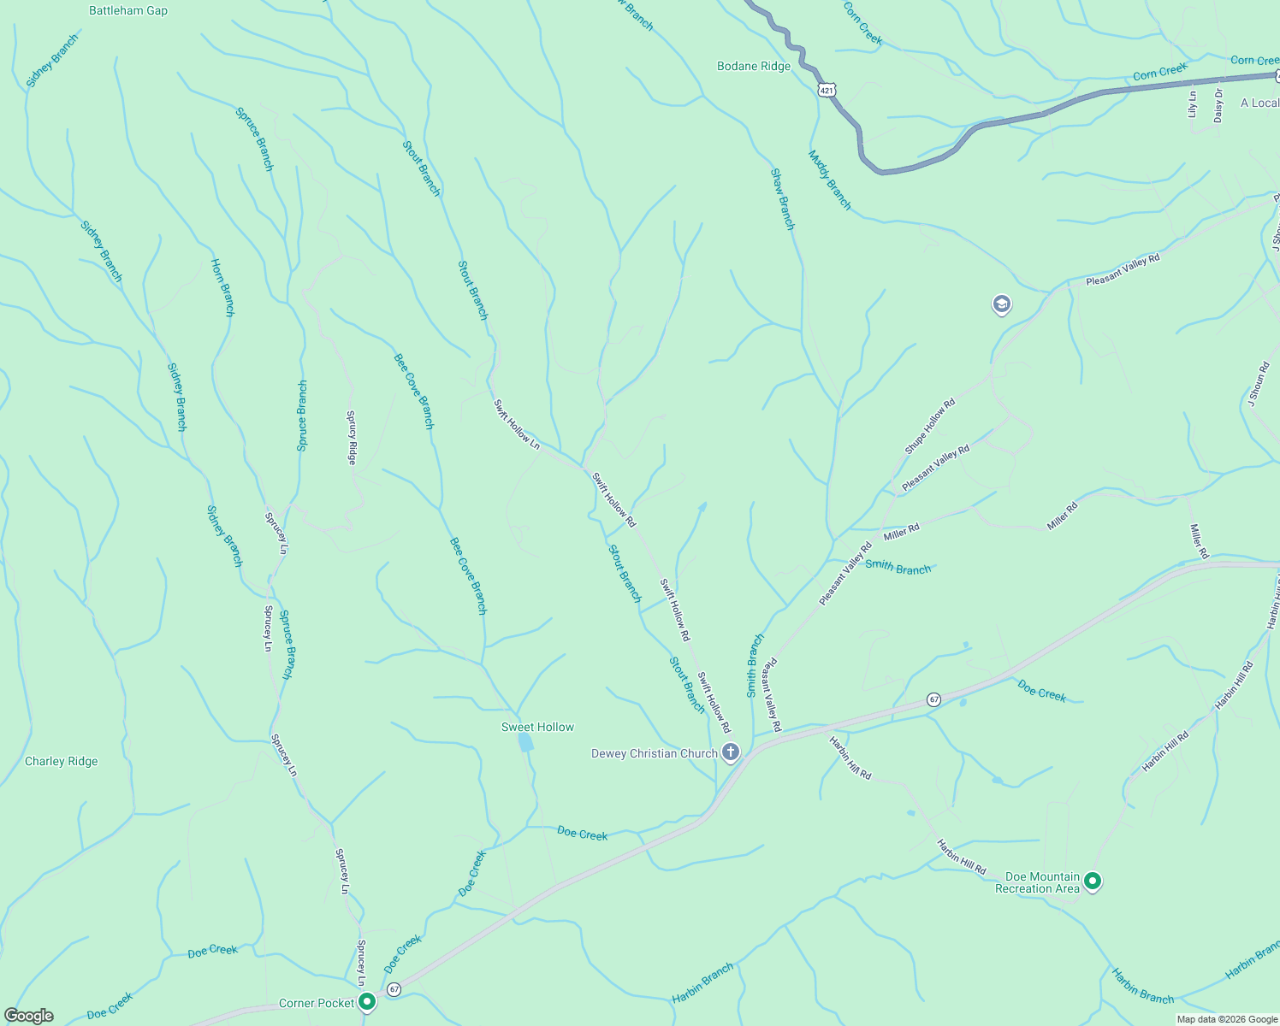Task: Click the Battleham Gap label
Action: pyautogui.click(x=128, y=11)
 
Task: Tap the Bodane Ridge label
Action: pyautogui.click(x=754, y=66)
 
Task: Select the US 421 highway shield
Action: pyautogui.click(x=826, y=90)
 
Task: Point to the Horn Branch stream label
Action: pyautogui.click(x=223, y=287)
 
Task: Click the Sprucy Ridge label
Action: pyautogui.click(x=351, y=437)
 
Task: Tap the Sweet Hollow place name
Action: pyautogui.click(x=537, y=727)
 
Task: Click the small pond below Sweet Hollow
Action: pyautogui.click(x=526, y=742)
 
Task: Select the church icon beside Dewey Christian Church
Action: pyautogui.click(x=731, y=752)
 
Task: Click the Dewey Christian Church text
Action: pyautogui.click(x=655, y=753)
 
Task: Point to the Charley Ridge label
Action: pyautogui.click(x=62, y=761)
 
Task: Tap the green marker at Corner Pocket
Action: pyautogui.click(x=367, y=1001)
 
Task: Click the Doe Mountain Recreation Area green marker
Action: pyautogui.click(x=1093, y=881)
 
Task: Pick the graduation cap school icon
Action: pyautogui.click(x=1002, y=304)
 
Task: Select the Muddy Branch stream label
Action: pyautogui.click(x=830, y=180)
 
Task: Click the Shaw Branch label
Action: pyautogui.click(x=783, y=199)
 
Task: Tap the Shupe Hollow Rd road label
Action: pyautogui.click(x=929, y=427)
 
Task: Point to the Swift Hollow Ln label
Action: pyautogui.click(x=517, y=424)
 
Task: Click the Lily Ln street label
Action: pyautogui.click(x=1193, y=104)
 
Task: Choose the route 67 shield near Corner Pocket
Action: pyautogui.click(x=394, y=989)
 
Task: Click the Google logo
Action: pyautogui.click(x=29, y=1016)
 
